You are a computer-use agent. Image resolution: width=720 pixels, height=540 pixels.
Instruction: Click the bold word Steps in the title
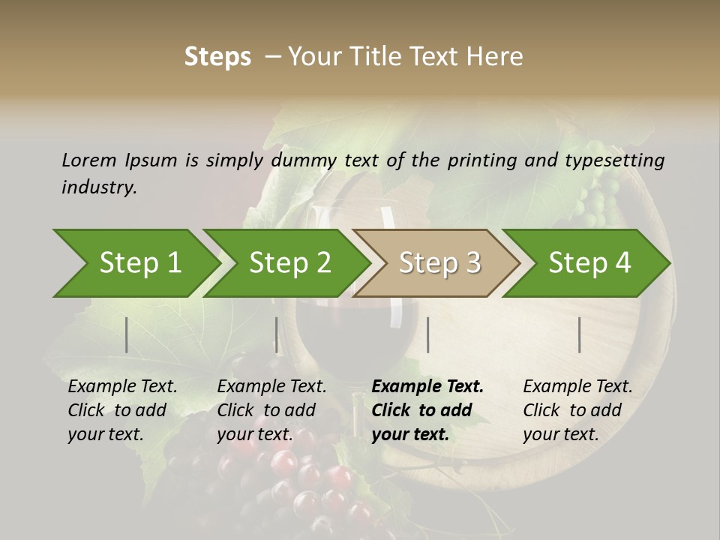(217, 57)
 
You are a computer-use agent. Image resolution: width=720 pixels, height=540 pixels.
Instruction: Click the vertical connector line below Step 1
(127, 334)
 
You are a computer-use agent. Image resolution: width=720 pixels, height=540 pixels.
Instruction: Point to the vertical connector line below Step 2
(277, 334)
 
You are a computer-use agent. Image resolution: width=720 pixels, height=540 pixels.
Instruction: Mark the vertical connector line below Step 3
(428, 334)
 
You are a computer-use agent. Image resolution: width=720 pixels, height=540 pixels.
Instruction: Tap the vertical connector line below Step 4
(580, 334)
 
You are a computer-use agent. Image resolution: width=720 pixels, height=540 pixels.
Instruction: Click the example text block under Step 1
(122, 410)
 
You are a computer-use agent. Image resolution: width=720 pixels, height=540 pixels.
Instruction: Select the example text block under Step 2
(271, 410)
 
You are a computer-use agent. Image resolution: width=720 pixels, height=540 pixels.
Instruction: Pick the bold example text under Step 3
(427, 410)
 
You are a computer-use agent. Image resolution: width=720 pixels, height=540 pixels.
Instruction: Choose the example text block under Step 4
(577, 410)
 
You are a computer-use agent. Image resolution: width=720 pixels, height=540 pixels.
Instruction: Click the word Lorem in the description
(89, 160)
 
